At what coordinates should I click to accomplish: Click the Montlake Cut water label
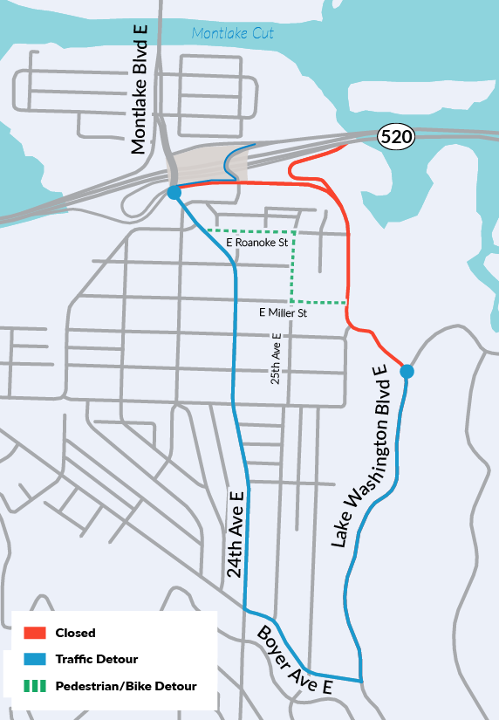(x=233, y=34)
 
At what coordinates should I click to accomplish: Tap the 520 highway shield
(x=396, y=136)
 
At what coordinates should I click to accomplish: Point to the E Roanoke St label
(x=256, y=242)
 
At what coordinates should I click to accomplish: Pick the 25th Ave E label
(x=276, y=358)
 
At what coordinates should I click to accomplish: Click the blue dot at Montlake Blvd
(x=174, y=192)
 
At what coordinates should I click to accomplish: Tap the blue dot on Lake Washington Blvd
(x=407, y=372)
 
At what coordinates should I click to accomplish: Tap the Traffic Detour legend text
(x=96, y=659)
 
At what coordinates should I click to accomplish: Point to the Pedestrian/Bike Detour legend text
(x=126, y=686)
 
